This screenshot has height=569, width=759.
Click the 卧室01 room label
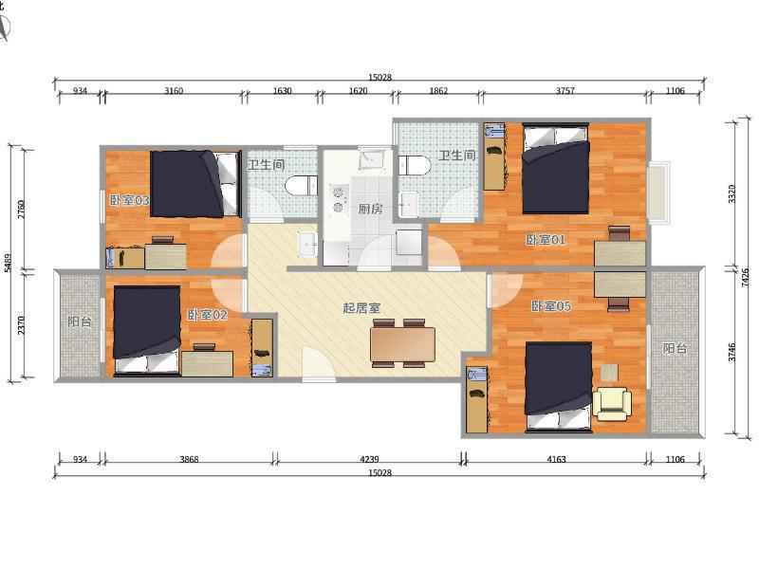pos(546,240)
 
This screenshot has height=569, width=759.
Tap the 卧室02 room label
pos(207,315)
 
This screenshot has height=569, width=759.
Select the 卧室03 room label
pos(129,200)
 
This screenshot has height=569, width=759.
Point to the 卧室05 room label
pos(551,306)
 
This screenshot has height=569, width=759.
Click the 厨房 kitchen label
pos(370,209)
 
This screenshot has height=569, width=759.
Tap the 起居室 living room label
pos(361,307)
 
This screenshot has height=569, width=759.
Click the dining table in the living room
pos(402,344)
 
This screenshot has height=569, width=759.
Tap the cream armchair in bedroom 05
pos(612,403)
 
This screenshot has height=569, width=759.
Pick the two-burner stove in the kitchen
pos(339,199)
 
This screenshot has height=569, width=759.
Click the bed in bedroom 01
pos(556,169)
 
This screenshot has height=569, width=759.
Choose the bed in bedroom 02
pos(147,330)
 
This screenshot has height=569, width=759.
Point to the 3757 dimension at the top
pos(565,90)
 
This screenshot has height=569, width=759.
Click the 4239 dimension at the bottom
pos(369,459)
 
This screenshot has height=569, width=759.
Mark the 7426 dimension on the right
pos(746,278)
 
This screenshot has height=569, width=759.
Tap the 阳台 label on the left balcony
pos(80,321)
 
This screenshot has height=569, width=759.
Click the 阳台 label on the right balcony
pos(675,348)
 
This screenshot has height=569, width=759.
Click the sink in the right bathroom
pos(410,205)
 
